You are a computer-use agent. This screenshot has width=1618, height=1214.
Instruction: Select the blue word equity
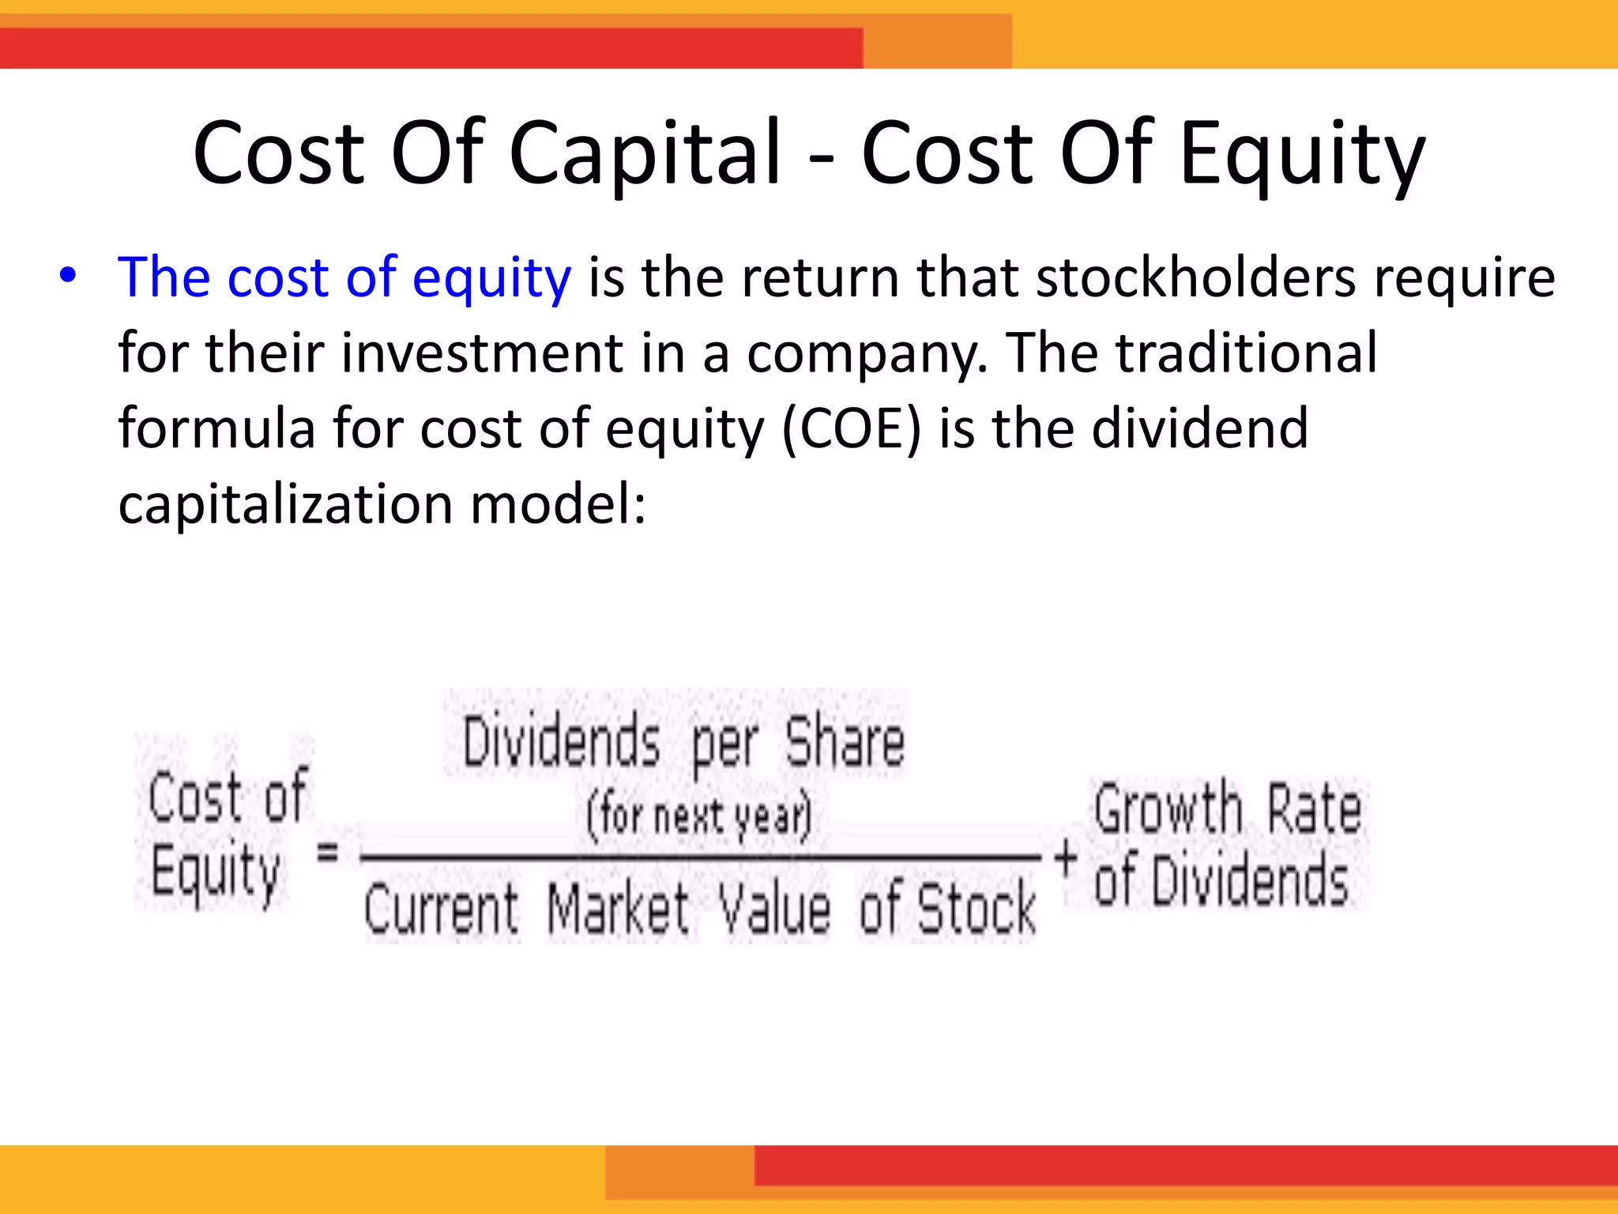click(x=491, y=279)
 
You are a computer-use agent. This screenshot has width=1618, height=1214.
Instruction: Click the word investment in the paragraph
click(x=483, y=353)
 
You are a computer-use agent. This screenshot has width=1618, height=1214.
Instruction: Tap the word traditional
click(x=1246, y=353)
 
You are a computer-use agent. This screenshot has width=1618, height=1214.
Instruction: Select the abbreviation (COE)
click(x=852, y=428)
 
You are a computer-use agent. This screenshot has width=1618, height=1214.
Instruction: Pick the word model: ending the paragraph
click(x=558, y=503)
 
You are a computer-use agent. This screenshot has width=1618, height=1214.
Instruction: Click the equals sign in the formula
click(x=328, y=852)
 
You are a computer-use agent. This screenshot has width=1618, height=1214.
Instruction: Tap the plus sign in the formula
click(x=1066, y=857)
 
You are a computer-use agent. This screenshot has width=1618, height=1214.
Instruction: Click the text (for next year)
click(x=698, y=816)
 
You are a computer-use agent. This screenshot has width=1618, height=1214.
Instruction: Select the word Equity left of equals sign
click(x=215, y=872)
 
